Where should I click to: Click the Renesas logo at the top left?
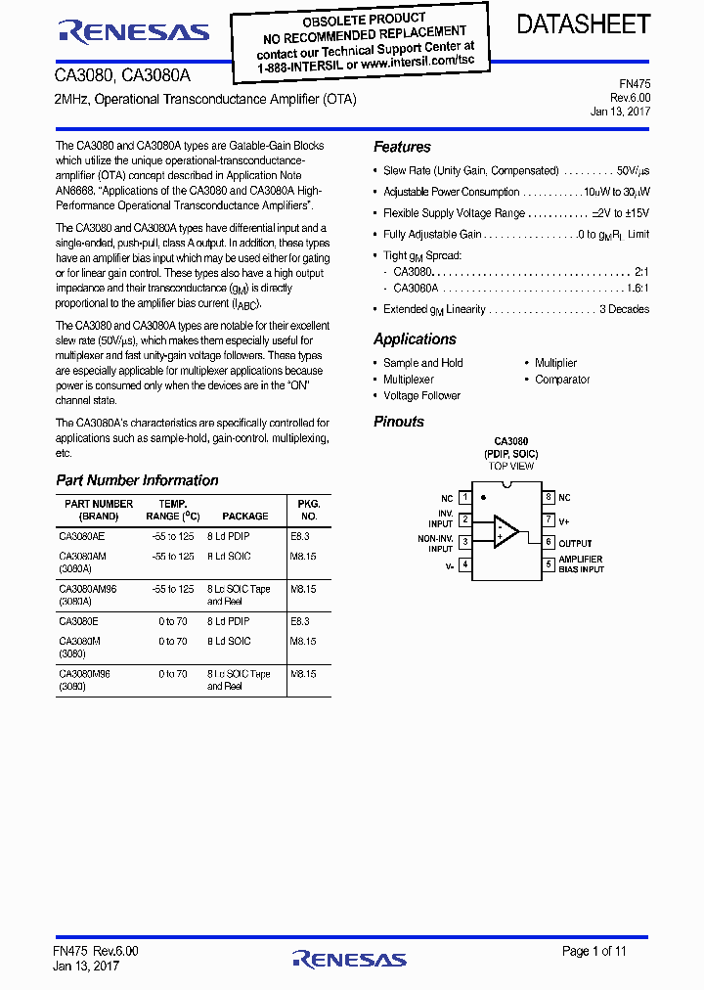pos(134,32)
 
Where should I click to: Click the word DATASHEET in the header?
pos(583,24)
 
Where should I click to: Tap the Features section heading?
pos(402,147)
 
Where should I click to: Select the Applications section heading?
pos(415,338)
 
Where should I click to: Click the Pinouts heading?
pos(399,422)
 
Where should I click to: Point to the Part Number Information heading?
pos(137,480)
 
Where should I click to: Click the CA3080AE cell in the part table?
pos(82,536)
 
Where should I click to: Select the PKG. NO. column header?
pos(309,510)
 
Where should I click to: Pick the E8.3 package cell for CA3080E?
pos(299,621)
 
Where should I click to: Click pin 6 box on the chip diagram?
pos(550,542)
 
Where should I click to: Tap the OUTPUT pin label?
pos(576,543)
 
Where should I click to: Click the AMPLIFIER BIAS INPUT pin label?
pos(581,564)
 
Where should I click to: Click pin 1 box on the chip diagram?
pos(464,498)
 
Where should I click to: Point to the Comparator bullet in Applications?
pos(562,380)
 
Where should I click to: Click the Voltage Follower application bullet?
pos(421,396)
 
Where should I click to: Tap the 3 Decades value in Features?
pos(624,309)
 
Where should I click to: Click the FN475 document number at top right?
pos(635,84)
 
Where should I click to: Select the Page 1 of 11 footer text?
pos(594,951)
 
